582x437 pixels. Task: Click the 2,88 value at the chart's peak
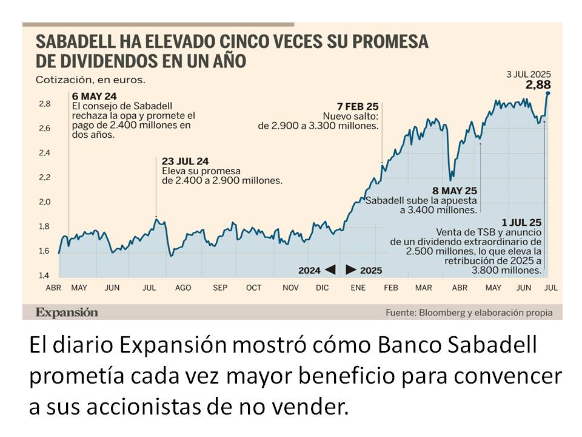click(x=538, y=84)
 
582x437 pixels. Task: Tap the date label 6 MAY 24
click(x=94, y=96)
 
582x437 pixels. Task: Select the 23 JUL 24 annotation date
click(x=185, y=161)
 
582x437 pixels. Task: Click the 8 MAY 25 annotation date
click(x=454, y=190)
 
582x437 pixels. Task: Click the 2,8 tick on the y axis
click(x=44, y=104)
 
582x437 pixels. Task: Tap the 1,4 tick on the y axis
click(x=44, y=275)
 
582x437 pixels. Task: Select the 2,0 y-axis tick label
click(x=44, y=202)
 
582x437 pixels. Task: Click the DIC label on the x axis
click(x=323, y=287)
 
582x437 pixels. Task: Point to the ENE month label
click(x=358, y=287)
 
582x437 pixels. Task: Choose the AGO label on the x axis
click(x=182, y=287)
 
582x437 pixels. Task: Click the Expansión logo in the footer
click(x=66, y=312)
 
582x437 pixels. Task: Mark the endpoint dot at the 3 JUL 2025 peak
click(x=547, y=93)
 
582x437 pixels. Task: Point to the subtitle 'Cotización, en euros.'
click(x=90, y=80)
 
